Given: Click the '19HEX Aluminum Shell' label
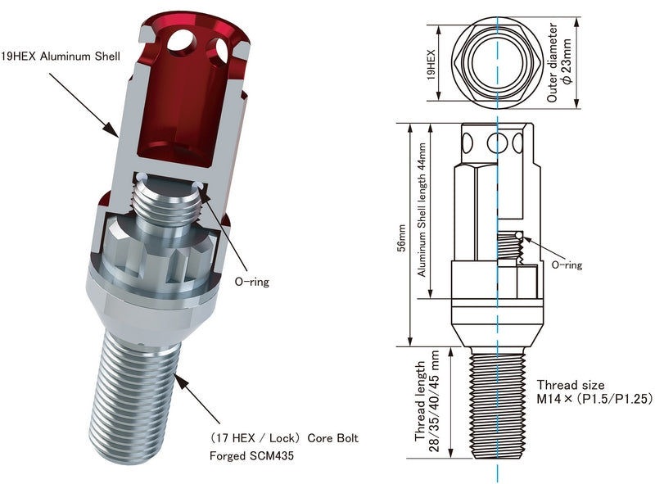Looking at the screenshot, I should tap(61, 57).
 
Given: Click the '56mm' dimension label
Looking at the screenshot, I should tap(400, 238).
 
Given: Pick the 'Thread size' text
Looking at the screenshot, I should tap(571, 384).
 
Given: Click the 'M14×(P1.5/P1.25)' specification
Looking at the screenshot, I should tap(587, 399).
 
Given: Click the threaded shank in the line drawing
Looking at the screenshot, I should tap(497, 409).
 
